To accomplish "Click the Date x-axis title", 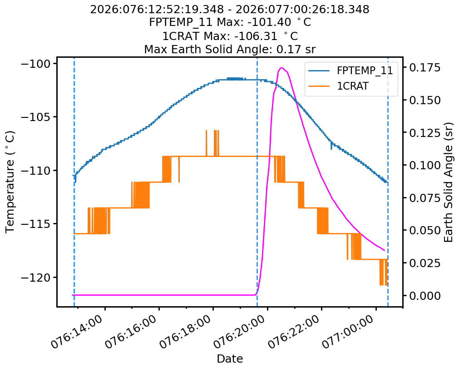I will tap(230, 359).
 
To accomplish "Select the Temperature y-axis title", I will tap(10, 182).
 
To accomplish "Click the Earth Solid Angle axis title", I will tap(449, 182).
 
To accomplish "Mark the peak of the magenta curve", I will tap(281, 68).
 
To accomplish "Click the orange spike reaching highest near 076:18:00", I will tap(207, 131).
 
